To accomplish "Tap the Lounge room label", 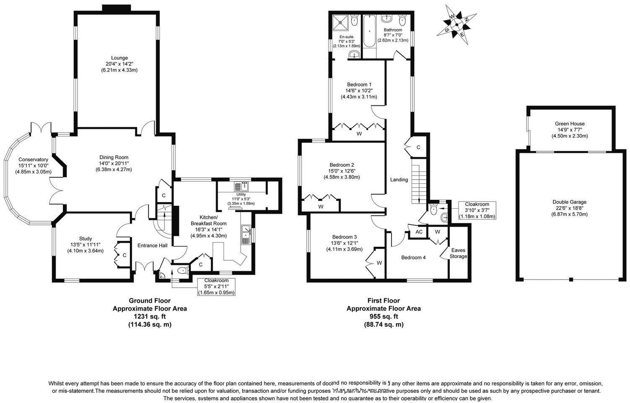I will (119, 58).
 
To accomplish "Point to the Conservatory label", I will (33, 160).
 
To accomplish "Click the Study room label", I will (85, 238).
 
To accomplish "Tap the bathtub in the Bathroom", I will (369, 31).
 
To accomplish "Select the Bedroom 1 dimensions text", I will (359, 93).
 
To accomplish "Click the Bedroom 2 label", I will (342, 165).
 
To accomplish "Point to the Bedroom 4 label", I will (413, 257).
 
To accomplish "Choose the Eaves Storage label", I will (458, 253).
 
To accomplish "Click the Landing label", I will (399, 180).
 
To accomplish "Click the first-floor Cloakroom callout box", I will (477, 210).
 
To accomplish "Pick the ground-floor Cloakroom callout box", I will (216, 287).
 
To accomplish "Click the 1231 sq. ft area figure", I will (150, 317).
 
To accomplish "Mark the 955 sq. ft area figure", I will (384, 317).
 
